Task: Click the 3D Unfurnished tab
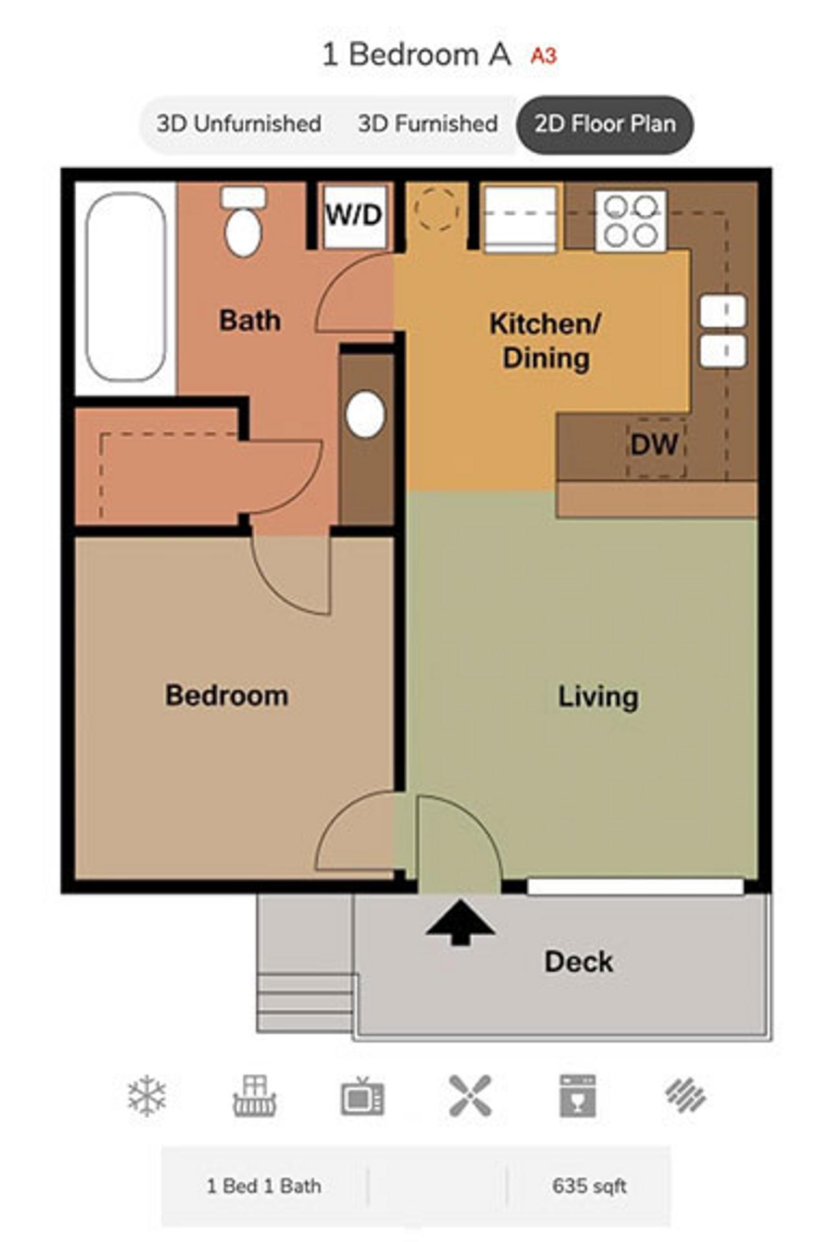click(x=239, y=124)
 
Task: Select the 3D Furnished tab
click(x=428, y=124)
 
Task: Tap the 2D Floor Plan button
click(x=605, y=124)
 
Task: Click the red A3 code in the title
click(x=543, y=56)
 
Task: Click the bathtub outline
click(x=126, y=287)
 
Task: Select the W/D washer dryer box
click(x=354, y=215)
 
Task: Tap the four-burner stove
click(x=630, y=221)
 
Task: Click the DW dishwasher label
click(x=654, y=444)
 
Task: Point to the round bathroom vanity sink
click(x=366, y=414)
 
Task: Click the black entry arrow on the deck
click(x=461, y=921)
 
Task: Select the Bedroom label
click(x=227, y=695)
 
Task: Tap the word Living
click(x=598, y=697)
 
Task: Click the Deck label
click(x=578, y=961)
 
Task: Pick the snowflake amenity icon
click(x=147, y=1096)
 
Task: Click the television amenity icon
click(x=362, y=1097)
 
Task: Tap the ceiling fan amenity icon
click(x=470, y=1096)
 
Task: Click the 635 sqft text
click(x=589, y=1186)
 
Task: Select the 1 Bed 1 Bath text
click(x=264, y=1186)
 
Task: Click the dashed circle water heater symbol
click(x=437, y=208)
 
